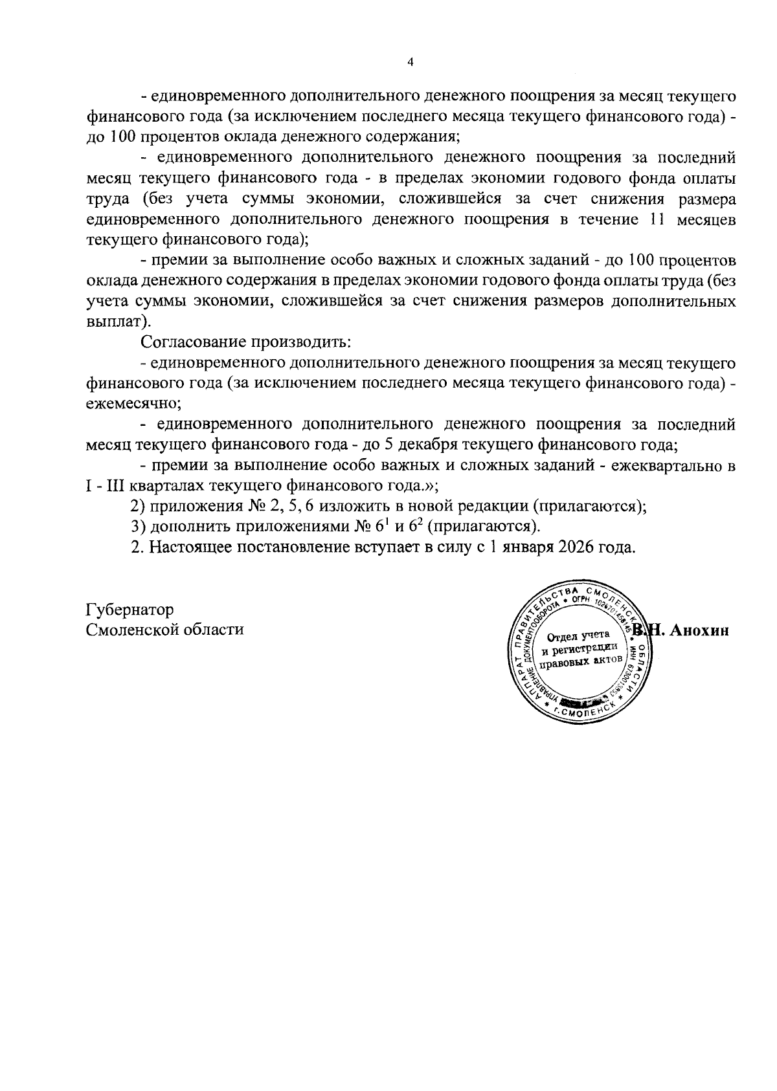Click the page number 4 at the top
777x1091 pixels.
coord(409,62)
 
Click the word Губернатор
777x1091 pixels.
coord(129,610)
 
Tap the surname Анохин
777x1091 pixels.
coord(699,631)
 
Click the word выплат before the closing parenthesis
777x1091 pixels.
coord(113,322)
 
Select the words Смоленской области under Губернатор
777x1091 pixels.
coord(165,630)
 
